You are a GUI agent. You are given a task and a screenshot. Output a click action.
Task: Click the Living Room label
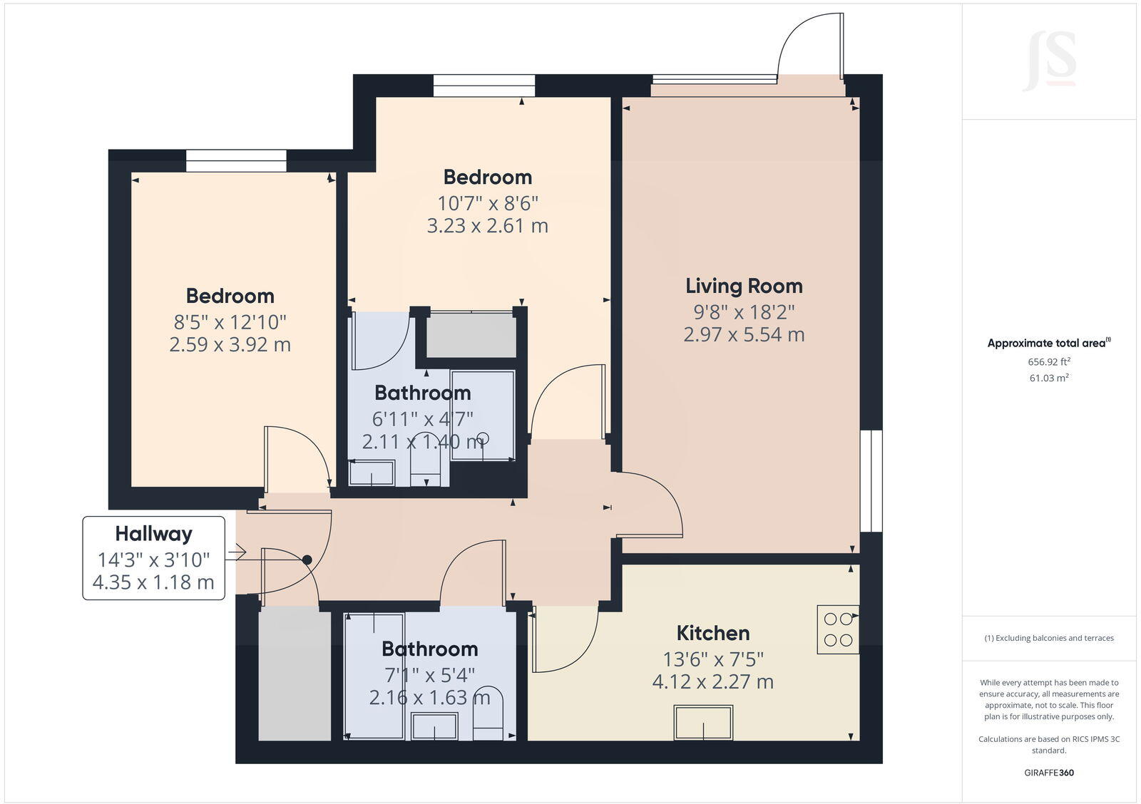pyautogui.click(x=744, y=286)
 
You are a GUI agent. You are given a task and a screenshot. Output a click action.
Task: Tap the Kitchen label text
pyautogui.click(x=712, y=633)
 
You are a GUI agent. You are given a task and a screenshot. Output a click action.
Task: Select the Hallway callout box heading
pyautogui.click(x=153, y=533)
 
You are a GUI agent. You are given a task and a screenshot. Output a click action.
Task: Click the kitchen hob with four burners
pyautogui.click(x=838, y=629)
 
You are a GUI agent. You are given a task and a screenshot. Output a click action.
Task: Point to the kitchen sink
pyautogui.click(x=703, y=722)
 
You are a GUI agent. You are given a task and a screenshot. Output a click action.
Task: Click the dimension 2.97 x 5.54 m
pyautogui.click(x=744, y=334)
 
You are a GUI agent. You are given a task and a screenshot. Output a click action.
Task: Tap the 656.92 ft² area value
pyautogui.click(x=1048, y=361)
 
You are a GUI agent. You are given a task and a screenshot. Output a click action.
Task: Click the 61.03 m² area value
pyautogui.click(x=1048, y=378)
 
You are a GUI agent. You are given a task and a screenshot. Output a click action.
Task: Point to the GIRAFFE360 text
pyautogui.click(x=1048, y=773)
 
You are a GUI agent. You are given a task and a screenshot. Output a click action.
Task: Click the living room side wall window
pyautogui.click(x=871, y=480)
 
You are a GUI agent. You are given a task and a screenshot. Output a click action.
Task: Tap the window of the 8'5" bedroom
pyautogui.click(x=236, y=160)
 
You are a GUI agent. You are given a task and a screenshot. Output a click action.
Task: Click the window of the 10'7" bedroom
pyautogui.click(x=483, y=86)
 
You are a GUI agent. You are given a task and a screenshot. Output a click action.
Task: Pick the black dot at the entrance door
pyautogui.click(x=307, y=560)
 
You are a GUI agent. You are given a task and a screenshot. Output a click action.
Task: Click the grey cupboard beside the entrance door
pyautogui.click(x=295, y=674)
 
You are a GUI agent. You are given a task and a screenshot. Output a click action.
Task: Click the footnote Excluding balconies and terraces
pyautogui.click(x=1048, y=638)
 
